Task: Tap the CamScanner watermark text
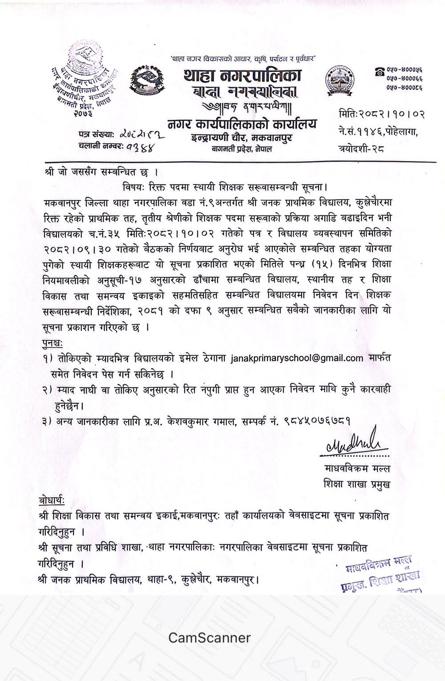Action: (209, 637)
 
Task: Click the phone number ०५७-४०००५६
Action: (403, 70)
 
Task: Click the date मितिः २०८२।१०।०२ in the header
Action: (381, 114)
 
